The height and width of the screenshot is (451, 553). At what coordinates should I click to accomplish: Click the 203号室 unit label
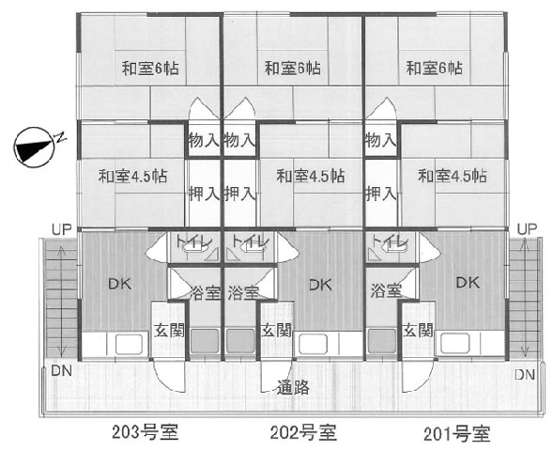point(145,432)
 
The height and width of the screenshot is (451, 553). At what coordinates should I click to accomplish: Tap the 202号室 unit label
point(303,432)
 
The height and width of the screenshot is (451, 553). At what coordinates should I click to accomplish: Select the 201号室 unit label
point(456,434)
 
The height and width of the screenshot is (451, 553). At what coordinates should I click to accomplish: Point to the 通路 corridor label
point(293,387)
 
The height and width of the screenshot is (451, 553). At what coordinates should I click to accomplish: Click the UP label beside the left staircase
point(62,230)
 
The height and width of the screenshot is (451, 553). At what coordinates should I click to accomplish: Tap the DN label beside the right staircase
point(525,374)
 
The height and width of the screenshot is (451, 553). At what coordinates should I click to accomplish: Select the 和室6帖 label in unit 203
point(150,68)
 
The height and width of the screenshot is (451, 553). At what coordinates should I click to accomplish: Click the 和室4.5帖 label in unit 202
point(311,176)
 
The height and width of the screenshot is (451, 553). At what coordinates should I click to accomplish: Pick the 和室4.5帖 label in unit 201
point(453,176)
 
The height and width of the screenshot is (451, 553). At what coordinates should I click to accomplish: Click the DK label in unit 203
point(120,284)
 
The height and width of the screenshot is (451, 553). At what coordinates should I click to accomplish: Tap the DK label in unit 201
point(468,282)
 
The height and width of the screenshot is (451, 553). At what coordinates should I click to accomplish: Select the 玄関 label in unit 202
point(276,331)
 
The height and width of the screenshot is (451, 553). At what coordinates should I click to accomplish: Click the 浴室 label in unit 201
point(386,291)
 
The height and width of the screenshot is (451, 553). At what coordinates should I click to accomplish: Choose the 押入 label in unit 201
point(381,194)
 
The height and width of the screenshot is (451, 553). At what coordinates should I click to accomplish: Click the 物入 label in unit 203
point(204,140)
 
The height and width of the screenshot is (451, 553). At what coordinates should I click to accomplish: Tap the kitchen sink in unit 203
point(129,344)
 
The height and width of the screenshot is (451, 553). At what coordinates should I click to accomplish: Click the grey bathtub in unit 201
point(382,341)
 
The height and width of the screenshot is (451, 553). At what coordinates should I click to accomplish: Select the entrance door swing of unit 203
point(170,375)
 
